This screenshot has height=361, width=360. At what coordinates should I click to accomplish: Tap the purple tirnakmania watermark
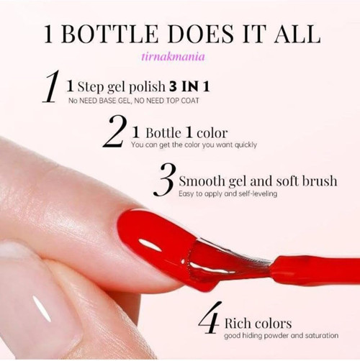click(x=173, y=57)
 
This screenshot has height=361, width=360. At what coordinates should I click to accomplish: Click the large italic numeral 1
click(x=51, y=86)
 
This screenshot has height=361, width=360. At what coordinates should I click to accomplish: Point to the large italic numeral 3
click(x=165, y=180)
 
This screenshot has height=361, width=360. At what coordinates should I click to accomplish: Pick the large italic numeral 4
click(x=210, y=318)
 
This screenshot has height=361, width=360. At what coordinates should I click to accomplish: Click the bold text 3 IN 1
click(x=189, y=86)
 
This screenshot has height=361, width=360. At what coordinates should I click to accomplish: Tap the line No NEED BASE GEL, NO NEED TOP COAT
click(x=134, y=101)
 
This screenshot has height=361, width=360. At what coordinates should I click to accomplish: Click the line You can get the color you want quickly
click(x=194, y=145)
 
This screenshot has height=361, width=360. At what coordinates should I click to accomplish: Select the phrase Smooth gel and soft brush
click(x=258, y=181)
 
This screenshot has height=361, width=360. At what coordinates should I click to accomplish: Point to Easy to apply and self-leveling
click(x=228, y=193)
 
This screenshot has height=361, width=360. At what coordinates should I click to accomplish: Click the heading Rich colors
click(x=258, y=324)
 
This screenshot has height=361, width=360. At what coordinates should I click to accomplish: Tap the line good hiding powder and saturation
click(x=282, y=336)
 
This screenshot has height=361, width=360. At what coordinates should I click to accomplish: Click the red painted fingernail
click(x=156, y=239)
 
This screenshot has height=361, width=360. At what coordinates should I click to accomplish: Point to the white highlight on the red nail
click(x=150, y=245)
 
